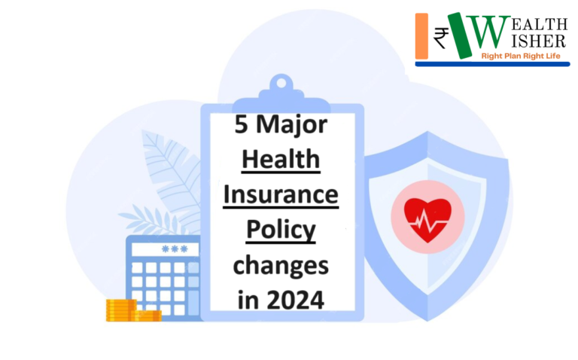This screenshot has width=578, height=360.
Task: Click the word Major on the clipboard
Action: point(291,126)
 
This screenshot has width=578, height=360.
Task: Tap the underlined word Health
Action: point(281,159)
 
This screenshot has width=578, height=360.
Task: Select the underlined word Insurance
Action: point(281,194)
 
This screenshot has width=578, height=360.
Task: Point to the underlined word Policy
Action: point(281,230)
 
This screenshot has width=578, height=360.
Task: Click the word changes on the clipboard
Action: point(281,266)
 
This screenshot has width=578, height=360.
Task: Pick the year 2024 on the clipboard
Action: point(295,300)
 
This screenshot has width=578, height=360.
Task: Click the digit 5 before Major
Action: point(241,124)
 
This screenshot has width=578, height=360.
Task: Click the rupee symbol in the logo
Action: point(441,38)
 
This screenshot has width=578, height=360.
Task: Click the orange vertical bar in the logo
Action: point(421,36)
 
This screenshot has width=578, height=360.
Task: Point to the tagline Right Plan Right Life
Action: point(521,56)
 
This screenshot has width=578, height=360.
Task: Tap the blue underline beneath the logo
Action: point(492,64)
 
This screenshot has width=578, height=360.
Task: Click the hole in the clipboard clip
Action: point(281,83)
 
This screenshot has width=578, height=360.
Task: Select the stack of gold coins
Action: point(133,310)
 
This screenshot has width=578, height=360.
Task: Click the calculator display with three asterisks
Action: point(165,249)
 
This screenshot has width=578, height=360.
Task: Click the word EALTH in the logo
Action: point(540,25)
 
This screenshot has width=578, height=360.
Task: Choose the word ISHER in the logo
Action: point(539,41)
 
